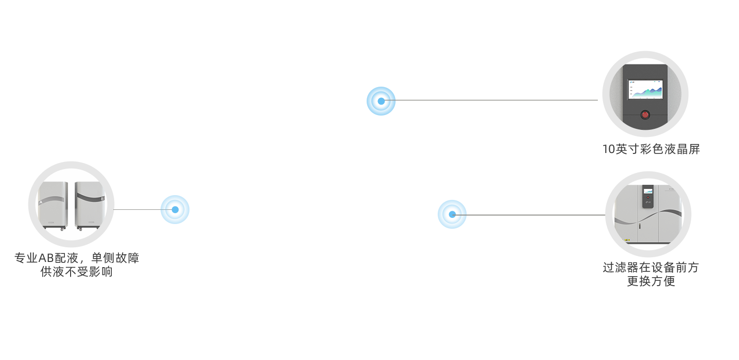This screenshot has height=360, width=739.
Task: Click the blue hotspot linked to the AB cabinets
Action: click(x=175, y=209)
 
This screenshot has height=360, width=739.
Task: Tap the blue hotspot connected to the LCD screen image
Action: click(x=380, y=100)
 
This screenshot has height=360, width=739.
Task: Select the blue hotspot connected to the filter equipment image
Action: click(x=452, y=214)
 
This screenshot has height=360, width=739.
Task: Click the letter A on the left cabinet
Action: click(x=41, y=202)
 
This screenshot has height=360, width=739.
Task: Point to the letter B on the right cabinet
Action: click(x=102, y=198)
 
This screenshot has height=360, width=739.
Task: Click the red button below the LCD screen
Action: click(x=645, y=115)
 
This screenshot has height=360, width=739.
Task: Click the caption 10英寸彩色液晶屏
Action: click(x=651, y=149)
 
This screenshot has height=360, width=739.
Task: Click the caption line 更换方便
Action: click(x=651, y=281)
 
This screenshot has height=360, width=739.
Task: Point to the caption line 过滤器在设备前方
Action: click(x=651, y=268)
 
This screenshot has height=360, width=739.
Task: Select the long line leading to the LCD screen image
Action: click(x=493, y=100)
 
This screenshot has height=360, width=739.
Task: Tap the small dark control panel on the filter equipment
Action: click(x=648, y=197)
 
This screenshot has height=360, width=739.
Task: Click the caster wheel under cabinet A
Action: click(x=61, y=230)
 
